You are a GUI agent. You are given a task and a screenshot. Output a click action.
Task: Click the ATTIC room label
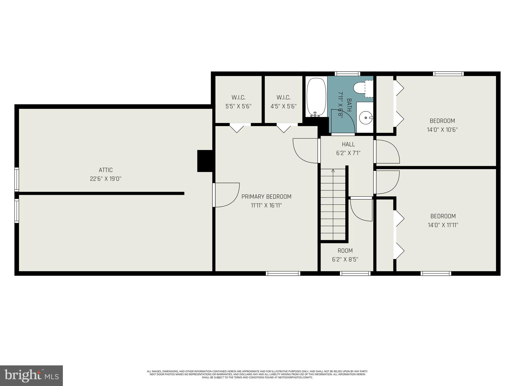coord(106,170)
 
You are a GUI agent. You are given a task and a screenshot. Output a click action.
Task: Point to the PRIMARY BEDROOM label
coord(266,197)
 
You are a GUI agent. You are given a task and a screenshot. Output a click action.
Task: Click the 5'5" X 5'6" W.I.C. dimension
coord(238,106)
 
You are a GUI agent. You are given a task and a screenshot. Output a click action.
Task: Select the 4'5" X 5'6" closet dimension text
coord(283,106)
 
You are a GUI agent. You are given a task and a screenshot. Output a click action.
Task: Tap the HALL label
coord(348,144)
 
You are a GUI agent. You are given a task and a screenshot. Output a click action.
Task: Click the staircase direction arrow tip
coord(333,171)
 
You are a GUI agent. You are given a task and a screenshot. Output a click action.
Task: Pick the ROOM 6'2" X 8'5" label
coord(345,255)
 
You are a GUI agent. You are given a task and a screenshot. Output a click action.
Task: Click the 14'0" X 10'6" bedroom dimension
coord(442,130)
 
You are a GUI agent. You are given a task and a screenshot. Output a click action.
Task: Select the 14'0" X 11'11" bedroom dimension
coord(443,225)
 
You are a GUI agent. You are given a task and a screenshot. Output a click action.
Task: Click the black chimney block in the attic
coord(205,161)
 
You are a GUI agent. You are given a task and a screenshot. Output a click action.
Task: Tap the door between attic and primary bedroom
coord(226,195)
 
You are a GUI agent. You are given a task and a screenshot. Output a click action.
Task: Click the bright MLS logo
coord(31,375)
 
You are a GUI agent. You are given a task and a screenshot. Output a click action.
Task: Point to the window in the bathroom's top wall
coord(347,74)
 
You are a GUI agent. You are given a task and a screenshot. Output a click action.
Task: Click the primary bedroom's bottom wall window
coord(283,273)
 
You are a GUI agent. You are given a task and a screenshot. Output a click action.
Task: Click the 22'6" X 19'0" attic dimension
coord(106,179)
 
